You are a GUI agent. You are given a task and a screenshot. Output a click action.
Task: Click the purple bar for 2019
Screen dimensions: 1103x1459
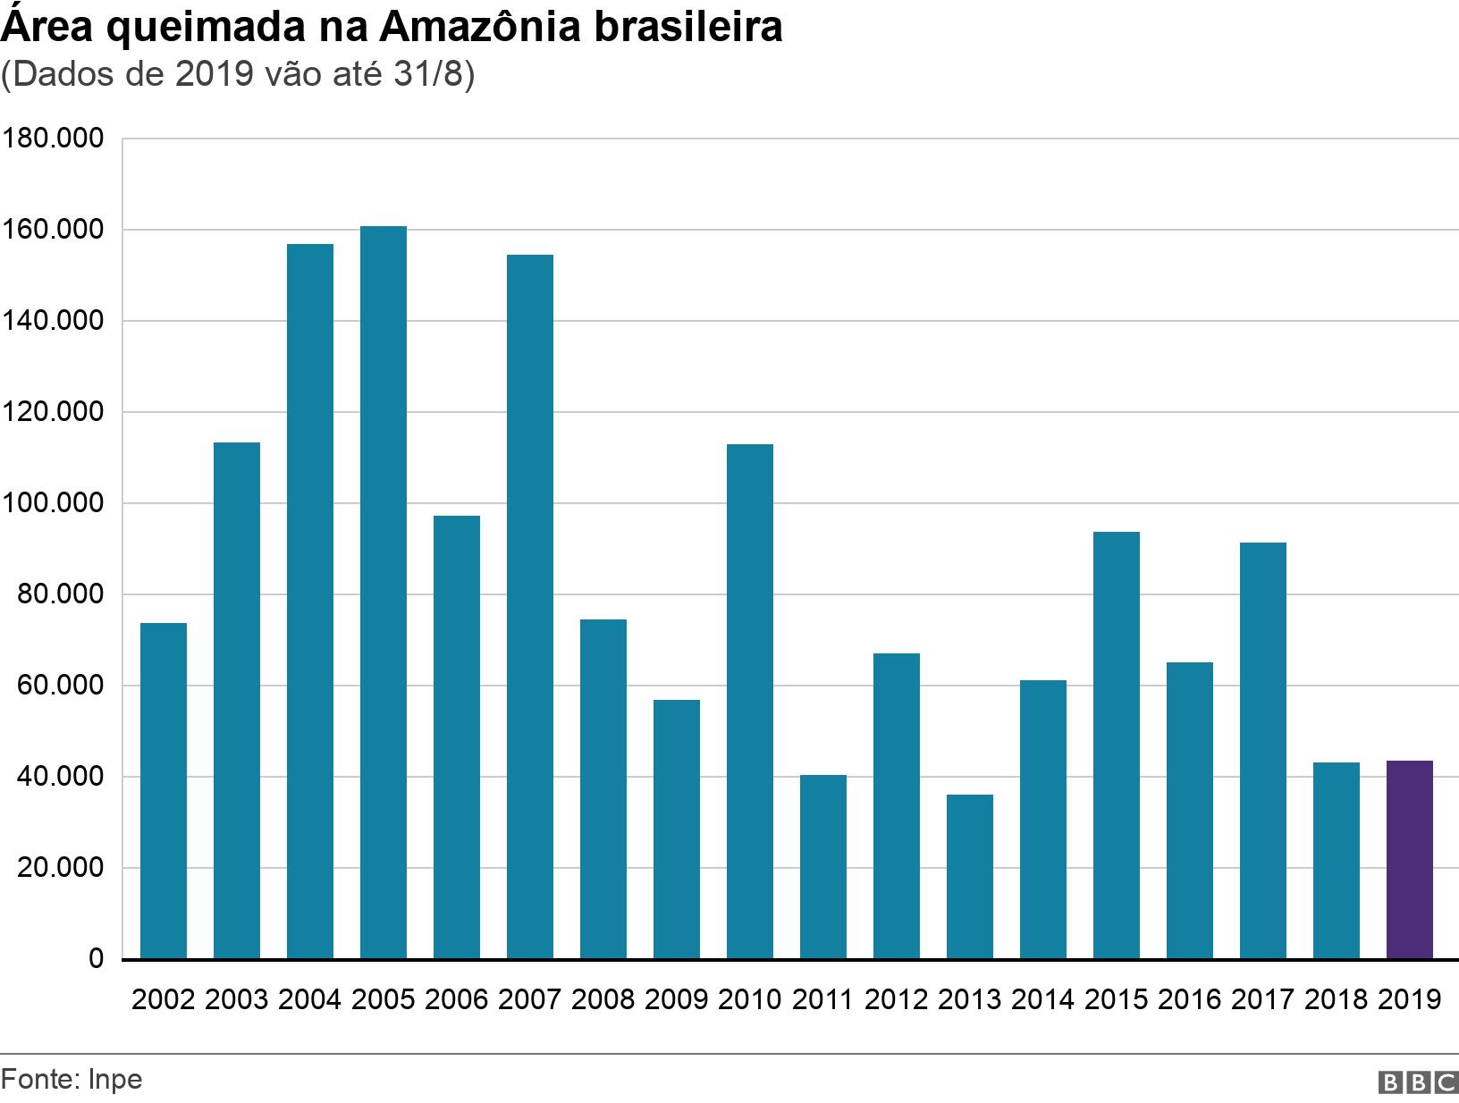coord(1409,859)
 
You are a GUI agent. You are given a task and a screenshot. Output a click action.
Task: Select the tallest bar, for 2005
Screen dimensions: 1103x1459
coord(383,592)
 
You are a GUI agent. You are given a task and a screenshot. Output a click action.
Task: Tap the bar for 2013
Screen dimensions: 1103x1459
coord(969,876)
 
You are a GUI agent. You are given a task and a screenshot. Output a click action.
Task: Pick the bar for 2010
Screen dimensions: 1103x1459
coord(749,701)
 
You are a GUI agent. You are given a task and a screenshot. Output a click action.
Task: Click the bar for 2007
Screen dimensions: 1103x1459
coord(529,606)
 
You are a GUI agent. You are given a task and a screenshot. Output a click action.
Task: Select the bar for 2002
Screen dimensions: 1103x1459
coord(163,790)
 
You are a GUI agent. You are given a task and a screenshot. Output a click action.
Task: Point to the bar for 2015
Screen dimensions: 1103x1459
coord(1116,745)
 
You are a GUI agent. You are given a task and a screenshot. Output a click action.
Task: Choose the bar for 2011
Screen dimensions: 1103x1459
coord(822,866)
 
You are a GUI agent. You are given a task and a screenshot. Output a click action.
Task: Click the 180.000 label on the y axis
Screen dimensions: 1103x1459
coord(53,139)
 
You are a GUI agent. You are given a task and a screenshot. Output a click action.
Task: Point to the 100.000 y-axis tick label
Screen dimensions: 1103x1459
coord(53,504)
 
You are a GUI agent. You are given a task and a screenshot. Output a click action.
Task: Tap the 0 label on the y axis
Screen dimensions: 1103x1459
coord(96,960)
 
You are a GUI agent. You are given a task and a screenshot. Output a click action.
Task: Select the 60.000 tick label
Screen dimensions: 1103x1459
coord(59,686)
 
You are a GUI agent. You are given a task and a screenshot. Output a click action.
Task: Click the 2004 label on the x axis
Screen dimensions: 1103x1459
coord(309,999)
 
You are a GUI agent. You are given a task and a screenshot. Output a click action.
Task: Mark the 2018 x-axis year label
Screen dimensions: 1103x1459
coord(1336,999)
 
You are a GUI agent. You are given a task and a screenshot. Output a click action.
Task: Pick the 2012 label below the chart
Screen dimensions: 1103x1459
coord(896,999)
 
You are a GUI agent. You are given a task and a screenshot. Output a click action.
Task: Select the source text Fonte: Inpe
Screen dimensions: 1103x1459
coord(72,1080)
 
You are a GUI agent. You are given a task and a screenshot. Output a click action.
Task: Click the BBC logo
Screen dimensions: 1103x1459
coord(1418,1082)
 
